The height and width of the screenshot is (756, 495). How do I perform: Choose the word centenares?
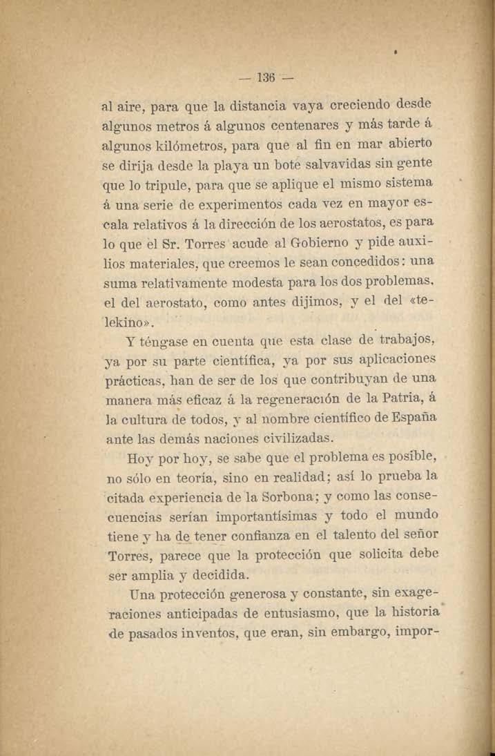pos(298,126)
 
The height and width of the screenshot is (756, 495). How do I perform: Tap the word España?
pos(409,418)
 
